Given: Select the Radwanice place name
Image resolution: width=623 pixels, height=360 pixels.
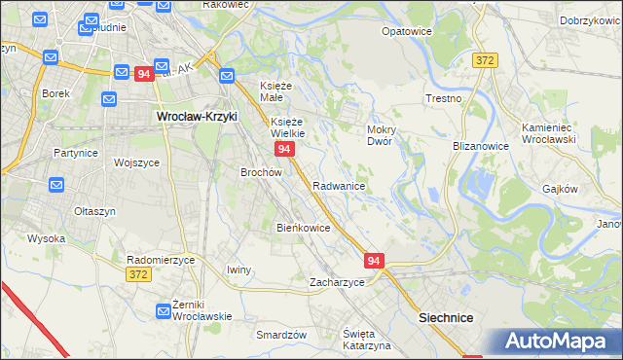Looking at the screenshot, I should click(x=339, y=185).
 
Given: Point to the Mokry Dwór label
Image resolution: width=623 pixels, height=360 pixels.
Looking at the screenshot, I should click(x=379, y=134).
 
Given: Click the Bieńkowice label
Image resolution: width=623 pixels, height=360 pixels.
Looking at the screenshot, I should click(x=304, y=228).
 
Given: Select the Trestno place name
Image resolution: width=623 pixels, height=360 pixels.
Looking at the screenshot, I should click(x=444, y=99).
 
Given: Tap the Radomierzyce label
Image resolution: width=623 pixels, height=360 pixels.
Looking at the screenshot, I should click(x=162, y=260).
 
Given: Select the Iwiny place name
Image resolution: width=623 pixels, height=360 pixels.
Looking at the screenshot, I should click(x=238, y=270).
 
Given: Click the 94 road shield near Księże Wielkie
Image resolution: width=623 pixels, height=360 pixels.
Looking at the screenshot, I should click(x=284, y=149).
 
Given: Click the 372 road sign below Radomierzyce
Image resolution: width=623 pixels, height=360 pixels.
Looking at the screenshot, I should click(x=138, y=276).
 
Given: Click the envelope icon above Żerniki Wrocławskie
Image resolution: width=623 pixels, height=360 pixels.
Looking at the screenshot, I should click(x=164, y=311).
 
